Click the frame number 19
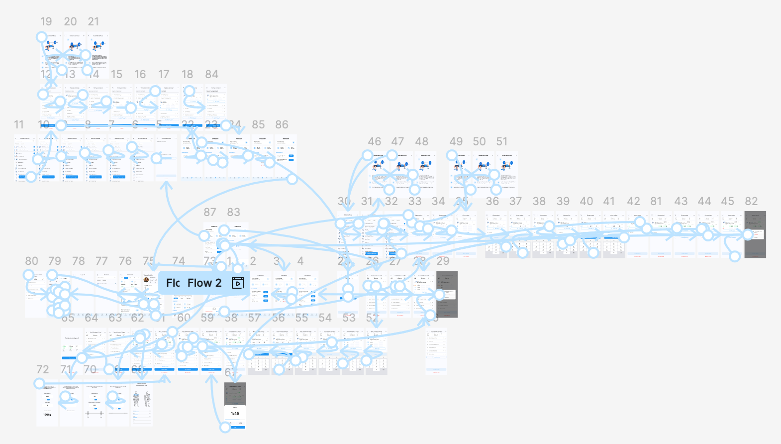[x=46, y=22]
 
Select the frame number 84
[x=211, y=75]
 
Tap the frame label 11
[x=19, y=125]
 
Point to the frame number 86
[x=282, y=125]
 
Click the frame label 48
[x=421, y=142]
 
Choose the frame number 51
[x=501, y=142]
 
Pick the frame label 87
[x=209, y=213]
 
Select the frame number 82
[x=751, y=202]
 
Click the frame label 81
[x=656, y=202]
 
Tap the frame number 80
[x=31, y=261]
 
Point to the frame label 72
[x=42, y=370]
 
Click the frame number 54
[x=325, y=318]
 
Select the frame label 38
[x=539, y=202]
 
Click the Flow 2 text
[x=204, y=283]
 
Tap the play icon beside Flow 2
[x=238, y=283]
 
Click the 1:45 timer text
[x=235, y=414]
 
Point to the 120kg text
[x=47, y=415]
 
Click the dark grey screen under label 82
[x=755, y=234]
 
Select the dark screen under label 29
[x=447, y=294]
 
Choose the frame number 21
[x=94, y=22]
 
